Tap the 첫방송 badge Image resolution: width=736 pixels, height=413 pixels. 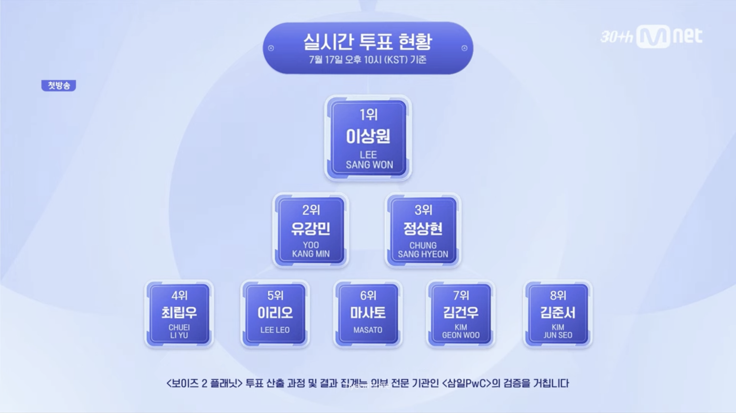click(59, 85)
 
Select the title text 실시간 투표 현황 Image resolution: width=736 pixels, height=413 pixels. click(368, 42)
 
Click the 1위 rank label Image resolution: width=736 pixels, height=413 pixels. click(368, 115)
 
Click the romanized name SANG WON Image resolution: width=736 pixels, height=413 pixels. click(369, 165)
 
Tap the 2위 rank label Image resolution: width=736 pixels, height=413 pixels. click(311, 210)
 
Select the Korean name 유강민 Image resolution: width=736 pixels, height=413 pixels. click(311, 229)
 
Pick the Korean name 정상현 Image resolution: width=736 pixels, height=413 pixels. click(423, 229)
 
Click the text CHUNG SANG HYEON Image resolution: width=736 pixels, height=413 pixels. click(423, 250)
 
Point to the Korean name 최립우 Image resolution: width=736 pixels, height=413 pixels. click(179, 313)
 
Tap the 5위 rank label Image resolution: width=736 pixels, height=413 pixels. click(275, 295)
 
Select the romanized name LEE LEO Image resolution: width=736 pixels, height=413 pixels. click(275, 330)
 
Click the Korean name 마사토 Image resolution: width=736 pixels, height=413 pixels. click(368, 313)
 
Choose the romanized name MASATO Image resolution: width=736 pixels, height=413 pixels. click(368, 330)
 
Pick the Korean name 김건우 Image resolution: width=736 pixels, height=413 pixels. click(461, 313)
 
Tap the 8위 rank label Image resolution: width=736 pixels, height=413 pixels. click(558, 295)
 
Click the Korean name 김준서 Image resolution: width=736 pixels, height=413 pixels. click(558, 313)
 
